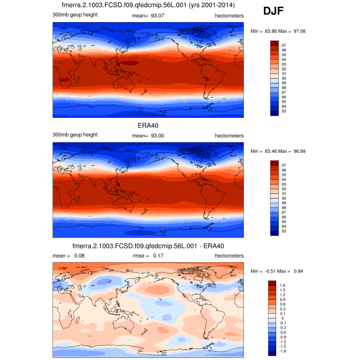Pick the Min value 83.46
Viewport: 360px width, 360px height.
(x=272, y=152)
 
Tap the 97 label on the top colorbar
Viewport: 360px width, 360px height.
(x=284, y=45)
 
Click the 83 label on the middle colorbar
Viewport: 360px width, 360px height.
(x=284, y=231)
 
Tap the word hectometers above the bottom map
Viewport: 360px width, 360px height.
(x=228, y=255)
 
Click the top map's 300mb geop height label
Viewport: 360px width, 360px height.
(x=75, y=14)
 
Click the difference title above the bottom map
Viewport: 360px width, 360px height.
(x=148, y=246)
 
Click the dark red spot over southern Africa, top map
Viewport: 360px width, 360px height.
(x=65, y=80)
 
